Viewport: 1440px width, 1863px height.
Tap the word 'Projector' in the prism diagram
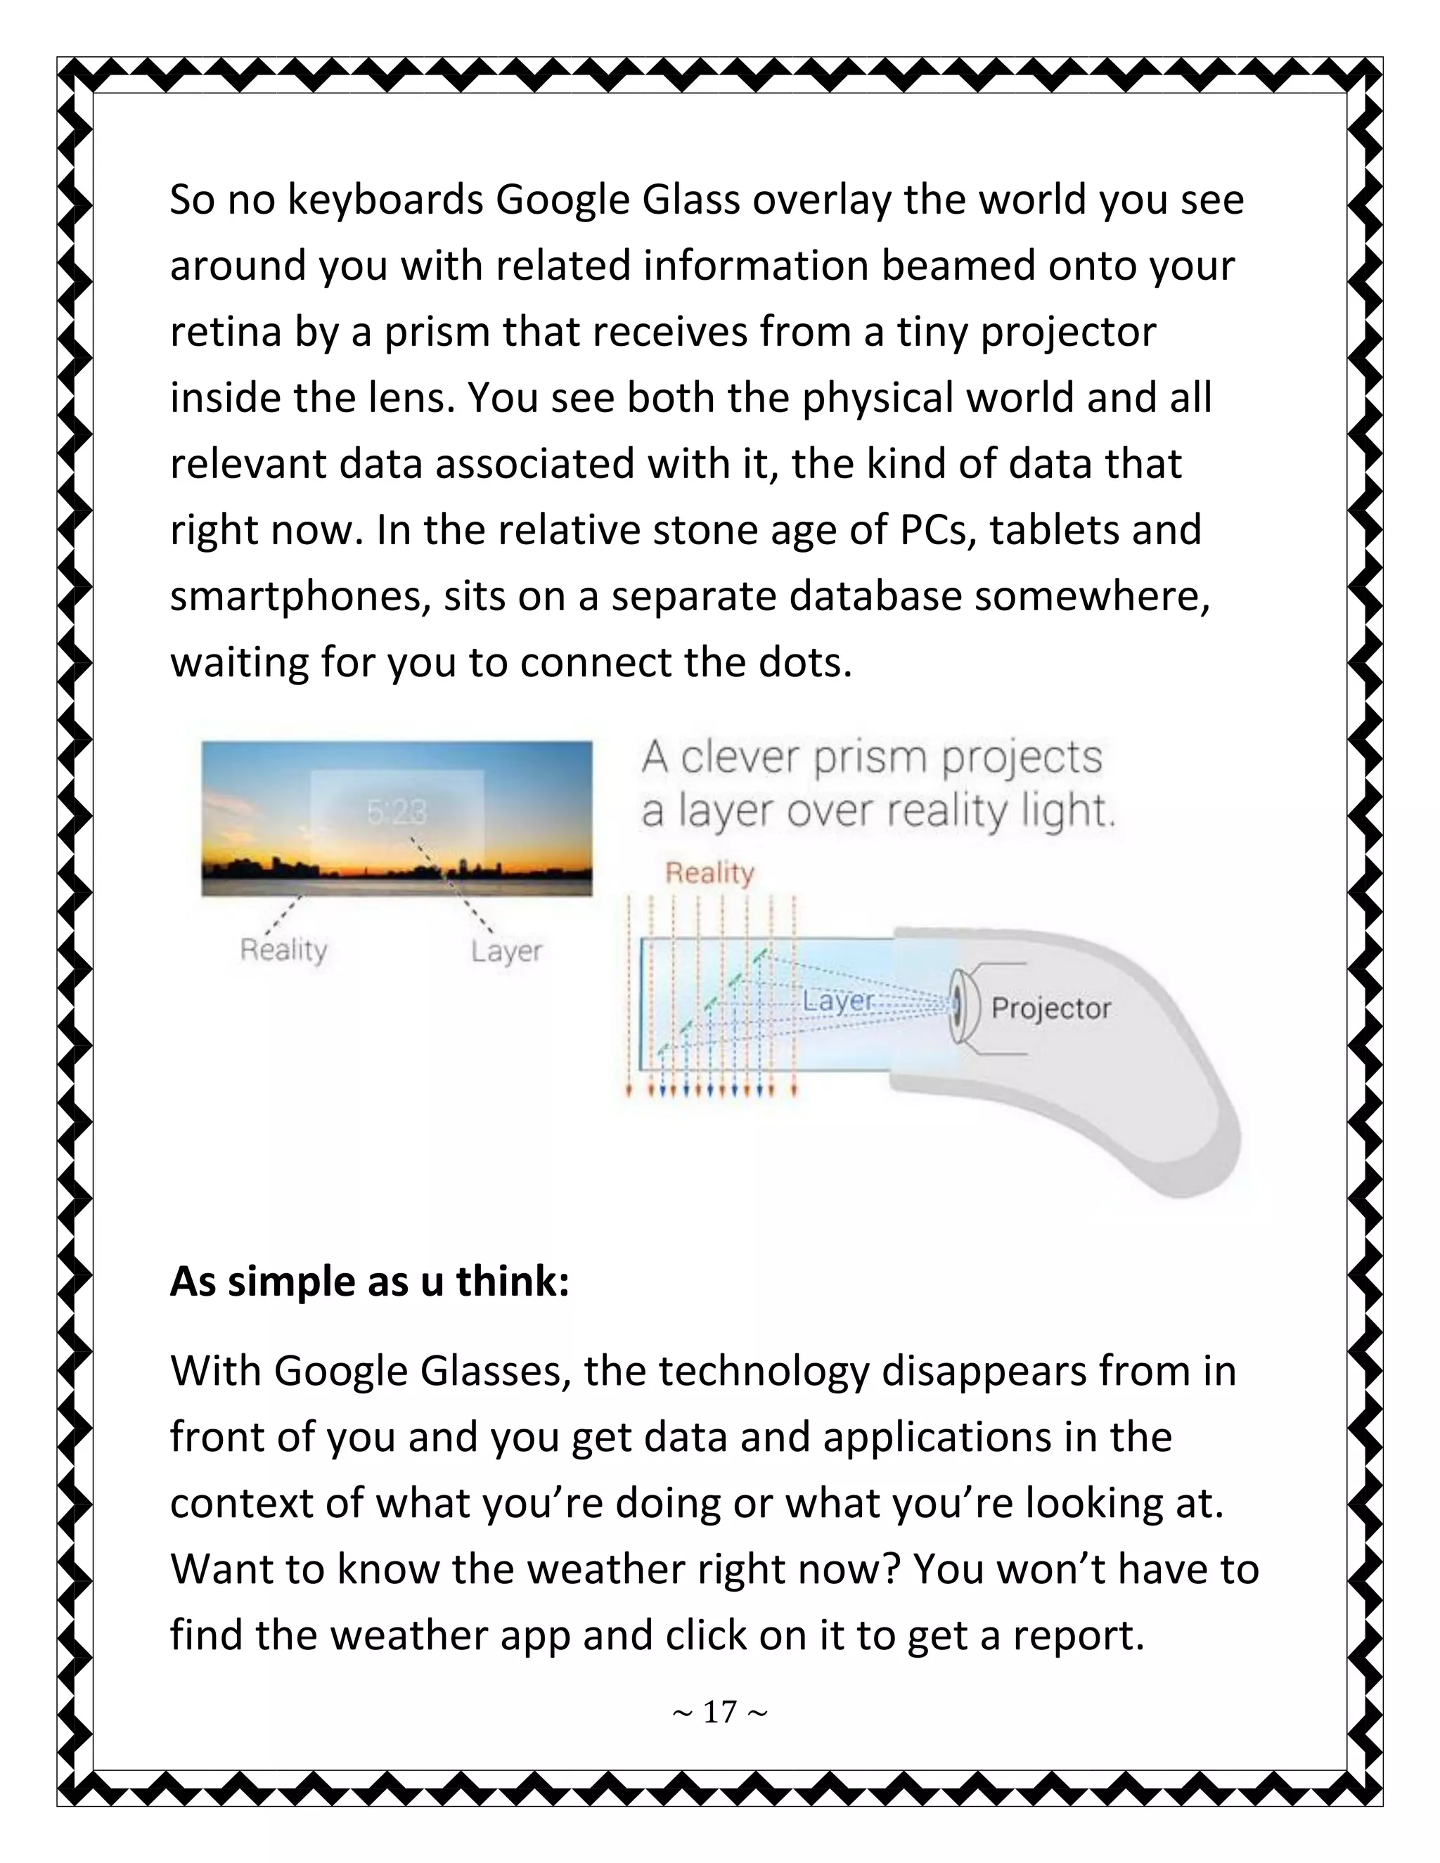pos(1050,1008)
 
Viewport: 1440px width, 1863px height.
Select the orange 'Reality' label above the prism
pos(709,872)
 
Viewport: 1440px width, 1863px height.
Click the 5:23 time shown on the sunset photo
pos(396,813)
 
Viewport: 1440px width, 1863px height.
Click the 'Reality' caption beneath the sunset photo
pos(284,949)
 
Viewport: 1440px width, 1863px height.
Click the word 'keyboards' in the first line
pos(385,200)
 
